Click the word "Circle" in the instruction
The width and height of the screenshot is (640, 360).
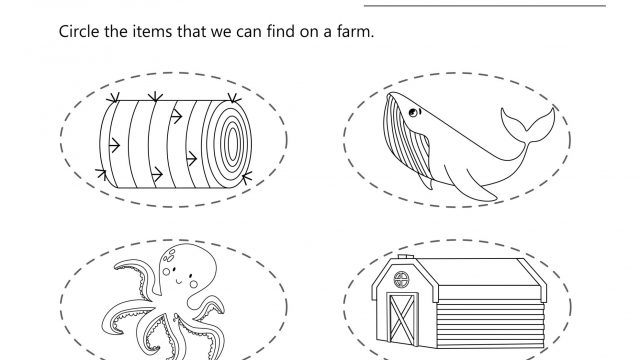click(x=79, y=31)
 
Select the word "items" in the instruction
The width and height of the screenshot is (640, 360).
click(x=152, y=31)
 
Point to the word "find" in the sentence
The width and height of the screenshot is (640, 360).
click(x=281, y=31)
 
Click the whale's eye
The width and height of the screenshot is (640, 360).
click(x=413, y=113)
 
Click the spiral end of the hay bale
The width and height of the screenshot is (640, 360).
click(x=230, y=144)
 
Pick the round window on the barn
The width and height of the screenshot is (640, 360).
click(x=401, y=280)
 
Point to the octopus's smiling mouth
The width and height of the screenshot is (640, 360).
click(x=178, y=280)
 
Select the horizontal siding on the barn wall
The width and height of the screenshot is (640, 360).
click(x=490, y=323)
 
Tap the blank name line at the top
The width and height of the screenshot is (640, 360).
click(x=484, y=6)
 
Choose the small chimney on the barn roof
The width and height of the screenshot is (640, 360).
click(x=405, y=257)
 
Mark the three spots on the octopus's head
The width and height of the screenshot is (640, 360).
click(x=168, y=256)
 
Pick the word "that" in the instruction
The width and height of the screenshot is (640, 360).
click(x=191, y=31)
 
